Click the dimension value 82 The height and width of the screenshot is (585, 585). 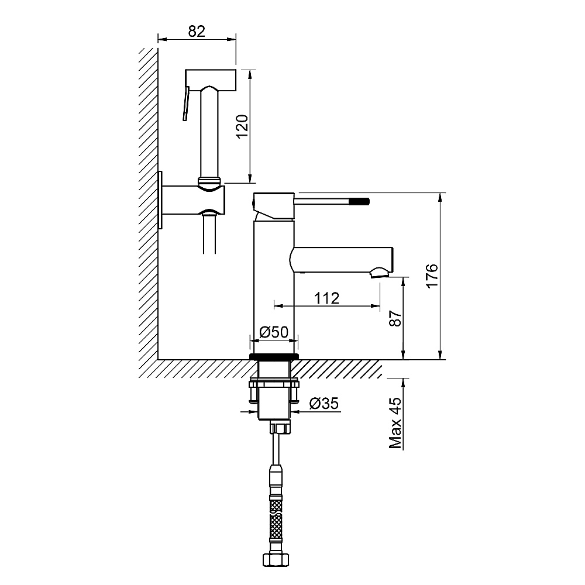coord(197,32)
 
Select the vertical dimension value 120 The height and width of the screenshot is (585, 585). coord(242,126)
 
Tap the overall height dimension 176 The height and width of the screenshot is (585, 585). coord(432,276)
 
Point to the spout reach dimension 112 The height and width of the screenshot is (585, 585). coord(327,298)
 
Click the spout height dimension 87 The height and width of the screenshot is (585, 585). coord(395,318)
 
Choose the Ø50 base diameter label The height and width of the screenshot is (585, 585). coord(274,332)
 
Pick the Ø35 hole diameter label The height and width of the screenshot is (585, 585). coord(324,403)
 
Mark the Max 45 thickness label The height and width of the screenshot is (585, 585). coord(395,423)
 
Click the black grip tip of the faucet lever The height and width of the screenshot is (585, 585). coord(360,201)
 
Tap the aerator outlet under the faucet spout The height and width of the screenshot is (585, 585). coord(380,273)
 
